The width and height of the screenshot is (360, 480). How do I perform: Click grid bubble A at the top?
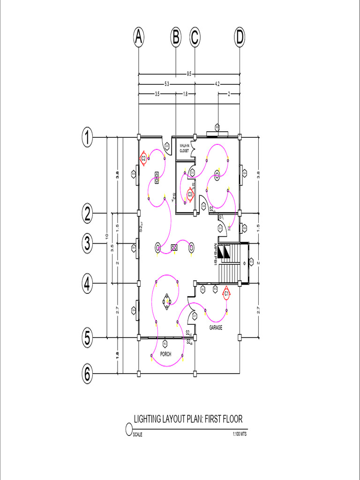tap(138, 38)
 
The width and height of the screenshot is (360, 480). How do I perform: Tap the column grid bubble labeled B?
tap(175, 38)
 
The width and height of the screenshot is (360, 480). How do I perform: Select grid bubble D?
tap(240, 38)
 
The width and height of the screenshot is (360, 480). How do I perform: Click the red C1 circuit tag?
tap(226, 293)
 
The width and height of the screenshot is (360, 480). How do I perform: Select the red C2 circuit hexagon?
tap(144, 158)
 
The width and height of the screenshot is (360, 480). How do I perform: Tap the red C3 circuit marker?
tap(190, 194)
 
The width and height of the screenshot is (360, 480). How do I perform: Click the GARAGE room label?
tap(216, 328)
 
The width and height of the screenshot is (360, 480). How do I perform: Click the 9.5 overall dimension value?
tap(189, 74)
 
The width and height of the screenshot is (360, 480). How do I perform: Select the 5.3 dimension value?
tap(166, 84)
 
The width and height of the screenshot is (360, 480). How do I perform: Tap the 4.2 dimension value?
tap(217, 84)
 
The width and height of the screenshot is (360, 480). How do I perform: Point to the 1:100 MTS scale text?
tap(239, 435)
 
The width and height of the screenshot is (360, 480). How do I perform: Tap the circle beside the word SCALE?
tap(129, 429)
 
